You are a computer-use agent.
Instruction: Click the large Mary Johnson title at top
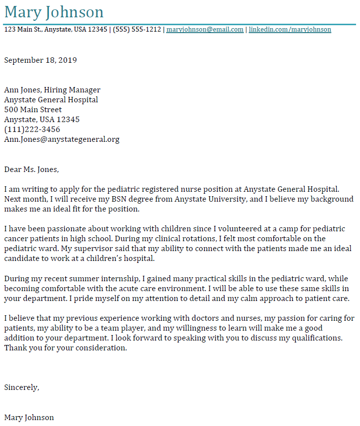pos(54,12)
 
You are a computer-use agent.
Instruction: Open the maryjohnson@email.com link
pos(205,30)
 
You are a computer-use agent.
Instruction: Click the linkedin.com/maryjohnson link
pos(290,30)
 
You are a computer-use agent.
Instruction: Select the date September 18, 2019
pos(41,60)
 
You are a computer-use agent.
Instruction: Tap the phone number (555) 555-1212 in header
pos(137,30)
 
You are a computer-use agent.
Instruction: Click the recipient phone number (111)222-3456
pos(32,129)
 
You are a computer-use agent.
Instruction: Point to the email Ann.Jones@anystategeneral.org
pos(62,139)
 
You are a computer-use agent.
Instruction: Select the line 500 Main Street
pos(33,110)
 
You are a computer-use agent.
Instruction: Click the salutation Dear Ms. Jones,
pos(32,170)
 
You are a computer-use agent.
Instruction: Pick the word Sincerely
pos(21,387)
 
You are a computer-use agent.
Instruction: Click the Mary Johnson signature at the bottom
pos(29,418)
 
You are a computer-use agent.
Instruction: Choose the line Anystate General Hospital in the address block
pos(51,100)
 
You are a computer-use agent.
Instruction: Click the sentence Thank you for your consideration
pos(66,348)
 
